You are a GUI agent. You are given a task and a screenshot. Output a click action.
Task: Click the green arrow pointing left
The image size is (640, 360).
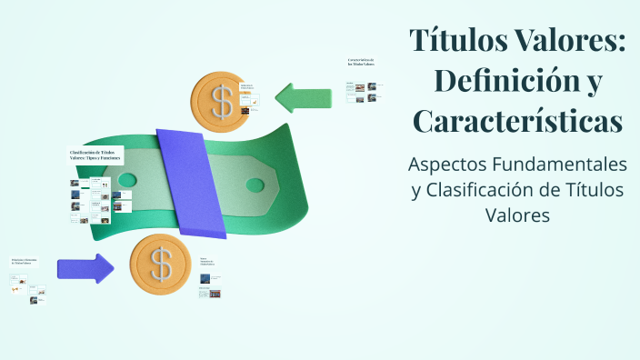point(304,95)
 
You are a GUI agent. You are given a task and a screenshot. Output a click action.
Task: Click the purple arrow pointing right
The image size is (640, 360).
point(85,268)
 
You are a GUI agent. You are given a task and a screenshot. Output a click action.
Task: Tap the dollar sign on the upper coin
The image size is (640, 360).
point(222,102)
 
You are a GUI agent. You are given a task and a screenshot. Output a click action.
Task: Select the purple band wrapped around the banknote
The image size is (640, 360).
point(190,181)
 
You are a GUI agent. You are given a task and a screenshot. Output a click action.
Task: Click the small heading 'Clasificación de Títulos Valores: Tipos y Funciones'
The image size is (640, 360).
point(95,155)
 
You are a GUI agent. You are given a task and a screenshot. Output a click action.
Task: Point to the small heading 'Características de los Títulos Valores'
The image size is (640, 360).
point(361,63)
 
